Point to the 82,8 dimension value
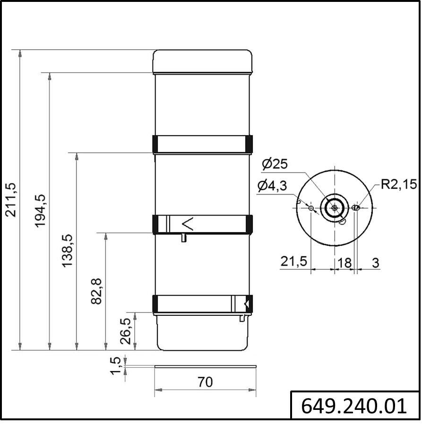pos(95,291)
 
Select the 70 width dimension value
pos(205,382)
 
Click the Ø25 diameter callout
pos(274,164)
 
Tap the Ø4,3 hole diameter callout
pos(272,186)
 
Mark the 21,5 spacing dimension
pos(293,261)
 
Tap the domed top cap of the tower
pos(202,61)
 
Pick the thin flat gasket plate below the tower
pos(205,366)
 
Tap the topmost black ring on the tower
pos(202,144)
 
